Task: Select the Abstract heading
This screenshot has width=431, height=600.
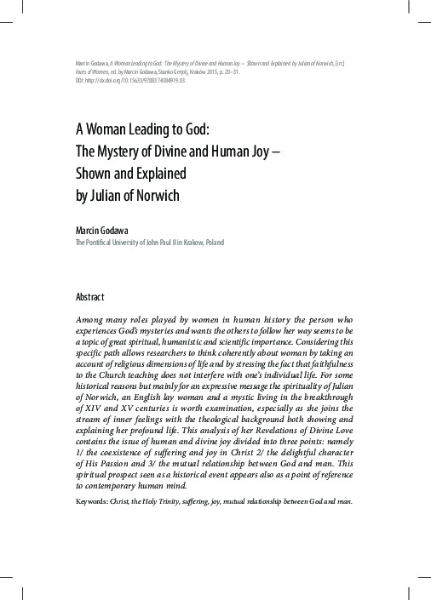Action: click(x=90, y=297)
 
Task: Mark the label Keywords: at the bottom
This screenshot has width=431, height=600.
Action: click(x=95, y=501)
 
